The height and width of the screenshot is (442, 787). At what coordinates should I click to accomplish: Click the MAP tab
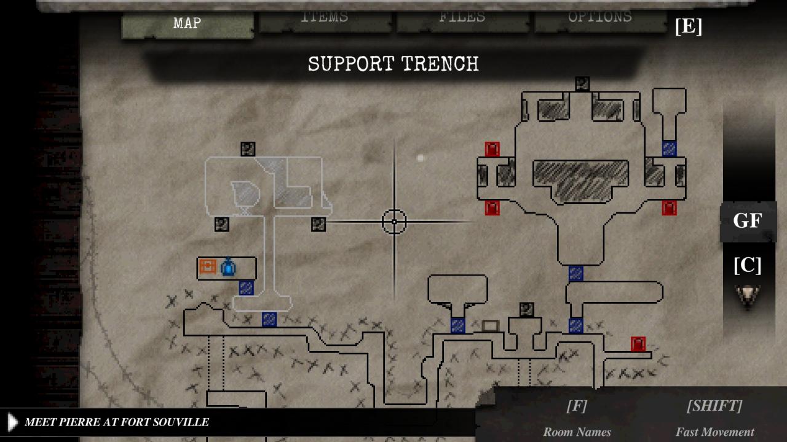(x=187, y=24)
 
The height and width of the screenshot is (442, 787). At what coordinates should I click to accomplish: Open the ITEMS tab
(x=324, y=18)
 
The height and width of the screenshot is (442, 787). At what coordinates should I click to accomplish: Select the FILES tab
(x=462, y=18)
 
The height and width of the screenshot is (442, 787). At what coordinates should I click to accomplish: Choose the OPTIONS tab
(x=599, y=18)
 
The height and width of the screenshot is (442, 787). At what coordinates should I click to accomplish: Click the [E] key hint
(x=688, y=26)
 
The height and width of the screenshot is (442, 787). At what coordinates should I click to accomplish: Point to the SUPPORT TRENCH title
(x=393, y=64)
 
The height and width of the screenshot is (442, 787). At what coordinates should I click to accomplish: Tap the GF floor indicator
(x=747, y=221)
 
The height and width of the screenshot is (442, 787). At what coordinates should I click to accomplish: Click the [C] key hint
(x=747, y=265)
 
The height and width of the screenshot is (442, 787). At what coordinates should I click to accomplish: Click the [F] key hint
(x=576, y=406)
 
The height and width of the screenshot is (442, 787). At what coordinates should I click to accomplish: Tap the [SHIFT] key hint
(x=714, y=406)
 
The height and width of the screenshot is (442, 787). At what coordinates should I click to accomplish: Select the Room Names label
(x=577, y=432)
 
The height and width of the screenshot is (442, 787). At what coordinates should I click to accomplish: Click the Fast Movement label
(x=714, y=432)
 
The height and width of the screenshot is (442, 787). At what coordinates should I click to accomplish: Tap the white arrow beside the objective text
(x=12, y=422)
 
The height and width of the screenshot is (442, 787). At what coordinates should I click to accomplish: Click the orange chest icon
(x=208, y=267)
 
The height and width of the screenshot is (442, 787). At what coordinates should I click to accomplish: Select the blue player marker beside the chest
(x=228, y=268)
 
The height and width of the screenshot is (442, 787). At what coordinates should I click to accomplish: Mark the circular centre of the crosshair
(x=394, y=222)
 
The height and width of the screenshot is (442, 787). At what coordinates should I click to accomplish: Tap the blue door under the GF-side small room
(x=669, y=148)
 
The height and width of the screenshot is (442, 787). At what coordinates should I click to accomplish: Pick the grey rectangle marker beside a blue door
(x=490, y=325)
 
